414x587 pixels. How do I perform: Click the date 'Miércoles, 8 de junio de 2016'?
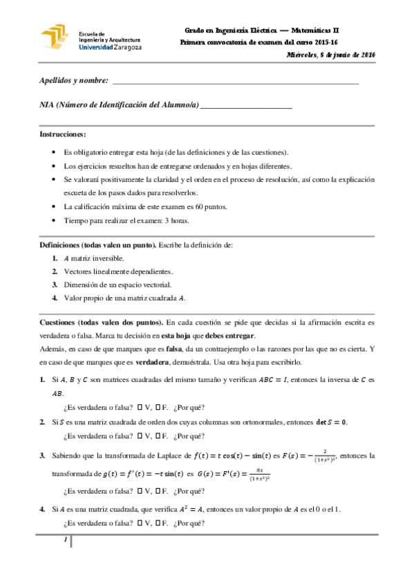coord(330,54)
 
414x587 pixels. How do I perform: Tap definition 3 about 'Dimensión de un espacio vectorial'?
coord(117,285)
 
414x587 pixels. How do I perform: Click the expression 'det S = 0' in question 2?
coord(329,422)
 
